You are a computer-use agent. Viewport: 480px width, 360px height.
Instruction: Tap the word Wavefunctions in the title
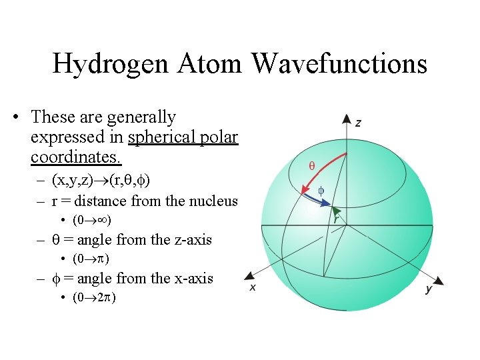tap(339, 64)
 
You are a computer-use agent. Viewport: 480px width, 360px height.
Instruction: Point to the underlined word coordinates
tap(75, 158)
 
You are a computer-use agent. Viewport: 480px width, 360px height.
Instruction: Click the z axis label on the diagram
tap(359, 123)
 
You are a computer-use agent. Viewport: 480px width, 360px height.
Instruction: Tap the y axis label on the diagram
tap(428, 289)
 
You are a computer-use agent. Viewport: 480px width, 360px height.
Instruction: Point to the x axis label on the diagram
tap(253, 287)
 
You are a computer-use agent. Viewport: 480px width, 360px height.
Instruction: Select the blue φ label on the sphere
tap(320, 190)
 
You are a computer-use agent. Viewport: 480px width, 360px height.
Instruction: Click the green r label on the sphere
tap(337, 217)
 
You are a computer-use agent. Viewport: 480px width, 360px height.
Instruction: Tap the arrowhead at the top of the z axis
tap(347, 119)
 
